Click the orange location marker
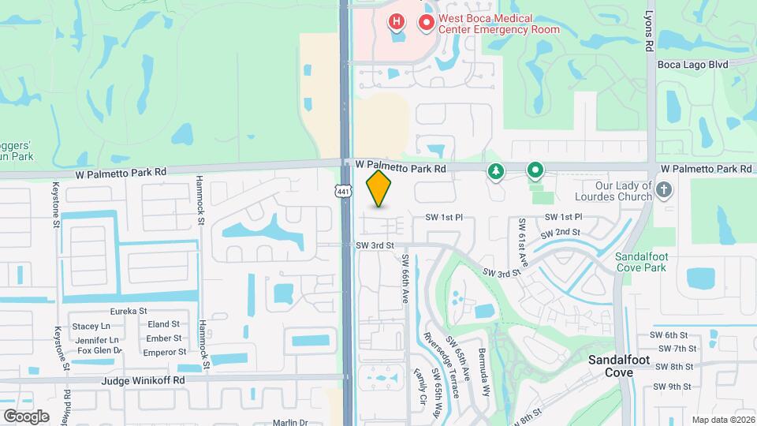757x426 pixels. coord(379,188)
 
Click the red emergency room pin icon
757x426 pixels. coord(427,23)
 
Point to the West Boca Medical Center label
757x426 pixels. coord(499,24)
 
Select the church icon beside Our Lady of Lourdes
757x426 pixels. coord(664,189)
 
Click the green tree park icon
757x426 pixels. coord(495,170)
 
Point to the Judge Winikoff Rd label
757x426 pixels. coord(143,380)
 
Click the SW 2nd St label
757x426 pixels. coord(560,234)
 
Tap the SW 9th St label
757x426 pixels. coord(672,387)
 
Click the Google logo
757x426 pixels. coord(26,416)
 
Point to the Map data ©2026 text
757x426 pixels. coord(722,420)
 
